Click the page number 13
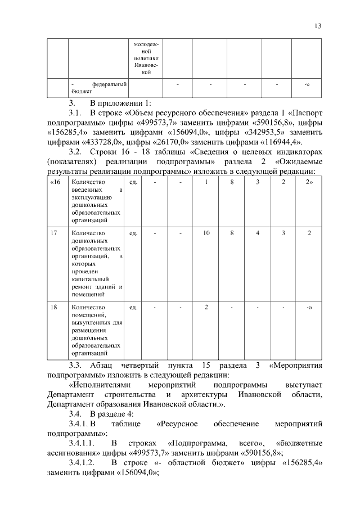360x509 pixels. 318,26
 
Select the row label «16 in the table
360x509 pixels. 55,183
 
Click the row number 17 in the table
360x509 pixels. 53,233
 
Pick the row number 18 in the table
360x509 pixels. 53,308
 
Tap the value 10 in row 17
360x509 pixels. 206,233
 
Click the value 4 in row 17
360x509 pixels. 258,233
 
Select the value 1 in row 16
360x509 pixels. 206,183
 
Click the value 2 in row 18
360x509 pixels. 206,308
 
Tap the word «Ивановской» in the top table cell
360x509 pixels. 146,65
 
